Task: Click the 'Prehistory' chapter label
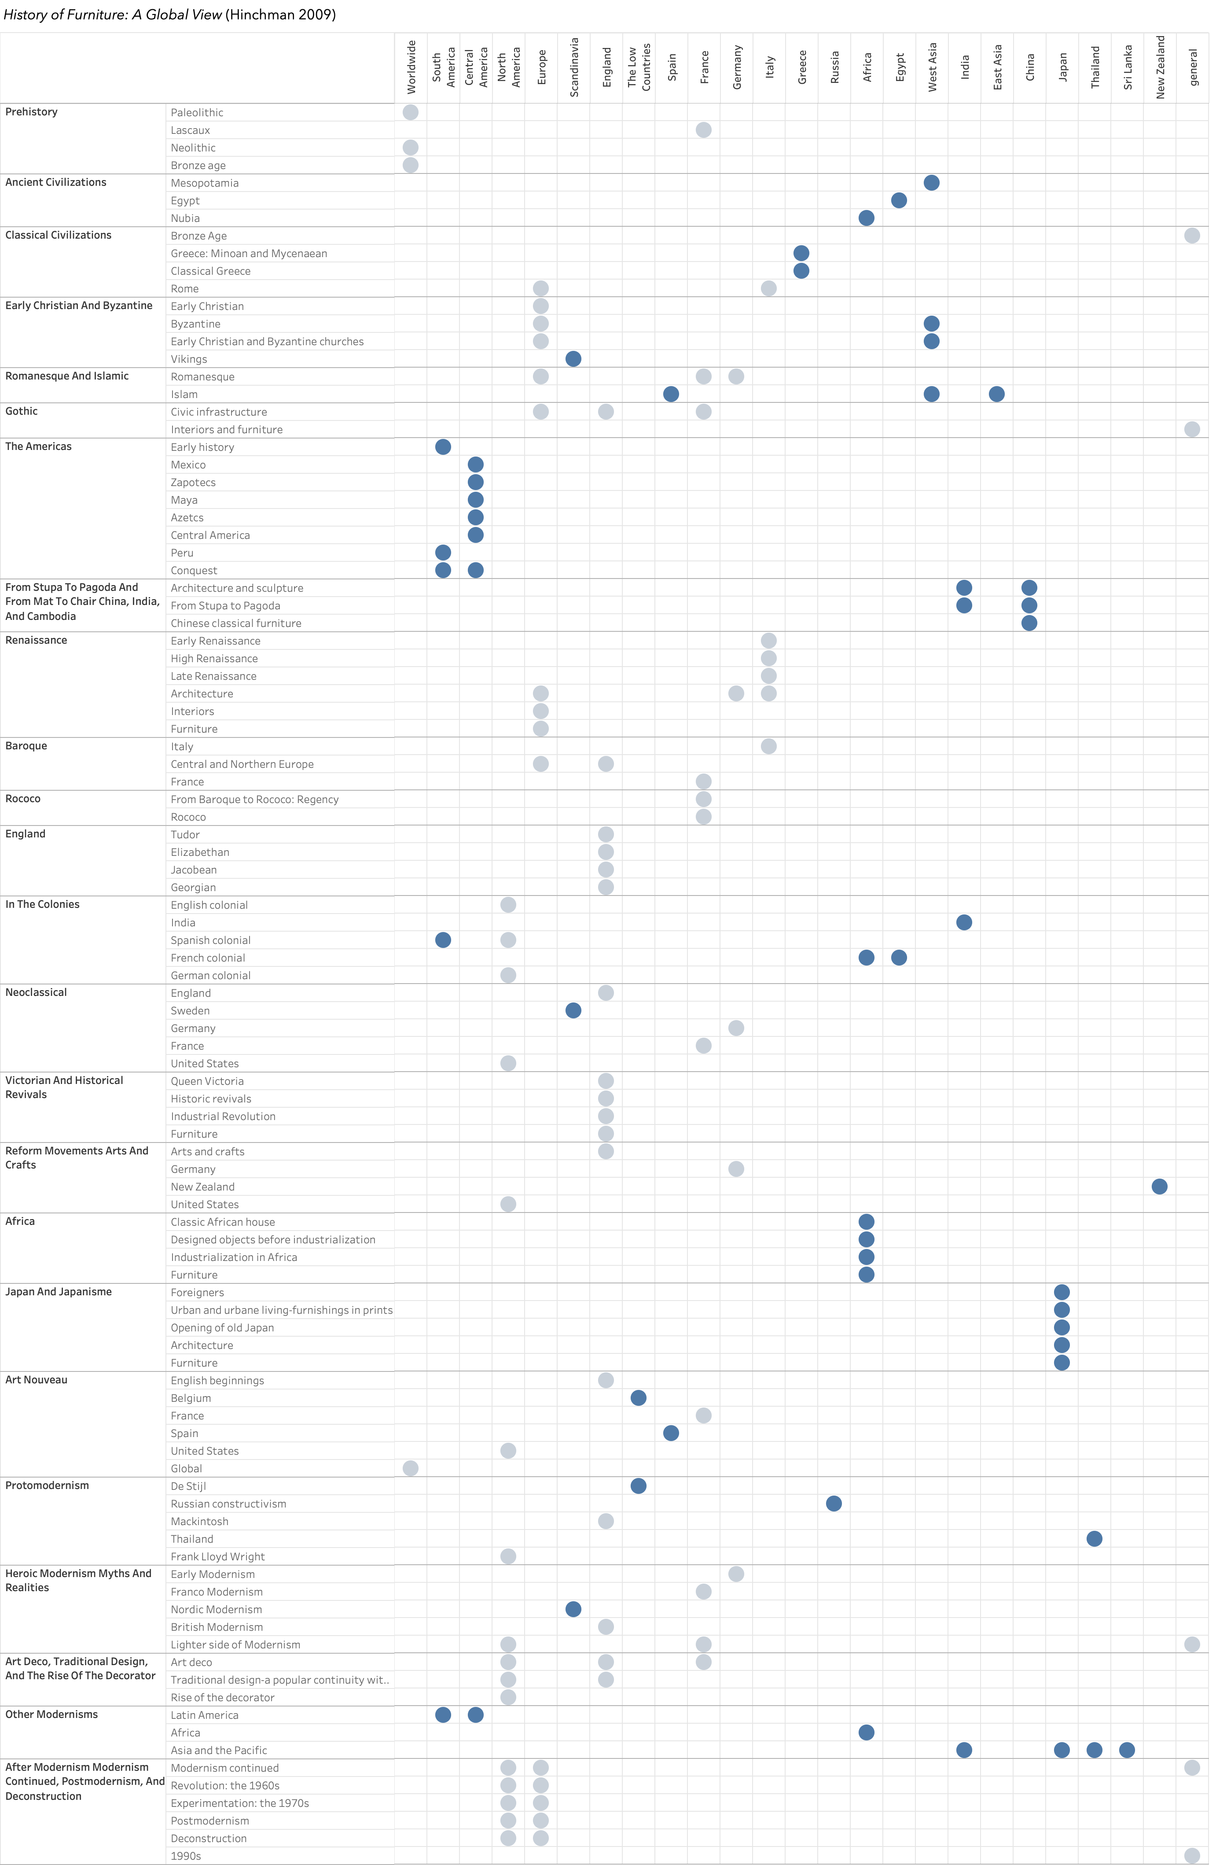[x=31, y=112]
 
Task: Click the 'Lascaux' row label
[x=191, y=130]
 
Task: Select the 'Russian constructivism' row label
[x=228, y=1504]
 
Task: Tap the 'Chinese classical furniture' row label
[x=236, y=623]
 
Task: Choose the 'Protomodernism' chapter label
[x=47, y=1486]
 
